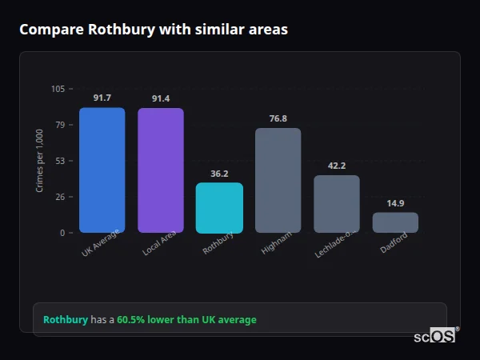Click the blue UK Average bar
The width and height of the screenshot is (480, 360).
[102, 170]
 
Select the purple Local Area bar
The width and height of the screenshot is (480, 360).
[160, 170]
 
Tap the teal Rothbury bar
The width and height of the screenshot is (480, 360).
[219, 208]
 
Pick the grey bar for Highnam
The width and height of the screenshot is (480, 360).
[278, 181]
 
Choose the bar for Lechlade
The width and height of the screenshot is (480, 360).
[336, 204]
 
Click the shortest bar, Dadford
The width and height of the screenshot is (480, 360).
[395, 222]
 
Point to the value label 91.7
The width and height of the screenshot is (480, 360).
[102, 98]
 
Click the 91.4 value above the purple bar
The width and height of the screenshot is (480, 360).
[160, 98]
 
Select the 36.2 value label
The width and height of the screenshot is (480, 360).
[219, 174]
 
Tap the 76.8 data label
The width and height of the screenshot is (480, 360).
[278, 118]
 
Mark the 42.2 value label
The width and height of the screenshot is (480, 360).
[336, 166]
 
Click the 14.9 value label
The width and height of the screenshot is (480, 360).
[395, 203]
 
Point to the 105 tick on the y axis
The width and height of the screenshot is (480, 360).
[58, 89]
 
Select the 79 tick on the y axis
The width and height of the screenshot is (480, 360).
[60, 125]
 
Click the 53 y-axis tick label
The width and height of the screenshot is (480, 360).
[60, 161]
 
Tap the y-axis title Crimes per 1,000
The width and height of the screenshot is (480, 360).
[40, 161]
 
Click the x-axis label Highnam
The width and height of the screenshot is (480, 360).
[277, 243]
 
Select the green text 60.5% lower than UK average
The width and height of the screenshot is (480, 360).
[186, 320]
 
